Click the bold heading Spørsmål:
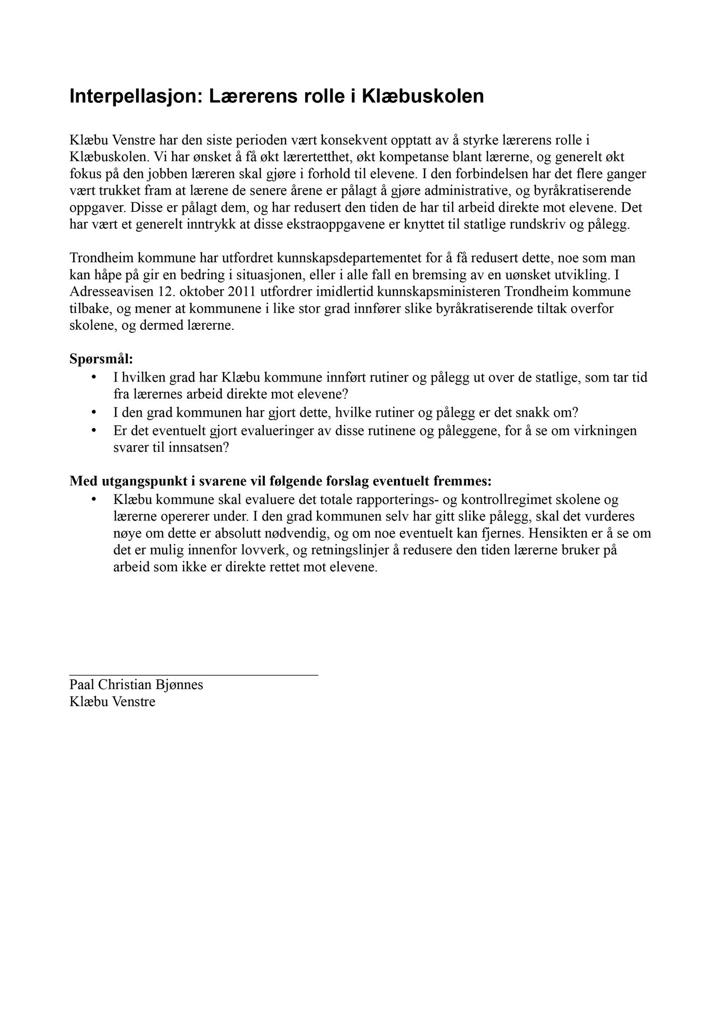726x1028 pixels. [101, 359]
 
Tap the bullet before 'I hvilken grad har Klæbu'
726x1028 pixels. [93, 377]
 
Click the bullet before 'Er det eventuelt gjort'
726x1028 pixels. [93, 431]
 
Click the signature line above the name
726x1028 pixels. [194, 676]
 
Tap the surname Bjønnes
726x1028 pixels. [179, 685]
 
